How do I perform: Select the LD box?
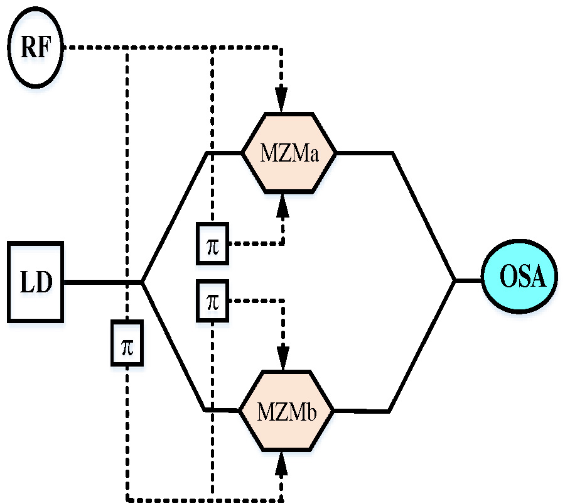tap(36, 281)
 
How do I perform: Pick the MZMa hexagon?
tap(289, 152)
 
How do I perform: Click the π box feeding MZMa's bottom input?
tap(213, 243)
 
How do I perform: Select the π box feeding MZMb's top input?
tap(213, 302)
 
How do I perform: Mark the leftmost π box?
tap(127, 343)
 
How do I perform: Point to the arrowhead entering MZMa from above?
tap(281, 100)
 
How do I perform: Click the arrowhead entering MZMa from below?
tap(281, 205)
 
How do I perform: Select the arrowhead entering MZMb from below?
tap(281, 463)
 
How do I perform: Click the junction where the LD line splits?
tap(143, 282)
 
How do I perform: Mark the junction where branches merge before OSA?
tap(455, 280)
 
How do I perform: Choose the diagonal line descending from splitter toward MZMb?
tap(173, 346)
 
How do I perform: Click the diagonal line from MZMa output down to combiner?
tap(424, 216)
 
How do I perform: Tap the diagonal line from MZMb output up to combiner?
tap(421, 346)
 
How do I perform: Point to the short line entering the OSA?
tap(468, 280)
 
